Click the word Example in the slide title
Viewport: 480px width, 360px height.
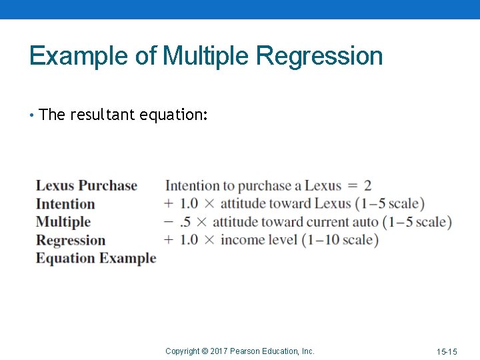click(80, 56)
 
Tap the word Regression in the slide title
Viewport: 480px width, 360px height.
click(319, 56)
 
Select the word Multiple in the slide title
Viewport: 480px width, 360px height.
click(206, 56)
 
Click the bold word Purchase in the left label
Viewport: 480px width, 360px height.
click(107, 185)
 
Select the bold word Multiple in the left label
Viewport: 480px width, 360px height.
click(63, 222)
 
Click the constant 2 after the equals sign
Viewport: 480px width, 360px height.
click(367, 186)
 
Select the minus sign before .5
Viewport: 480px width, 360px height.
click(169, 221)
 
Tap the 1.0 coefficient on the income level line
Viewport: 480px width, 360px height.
click(189, 240)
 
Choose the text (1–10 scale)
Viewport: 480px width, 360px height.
click(340, 240)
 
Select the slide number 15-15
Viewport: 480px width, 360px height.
click(447, 351)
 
